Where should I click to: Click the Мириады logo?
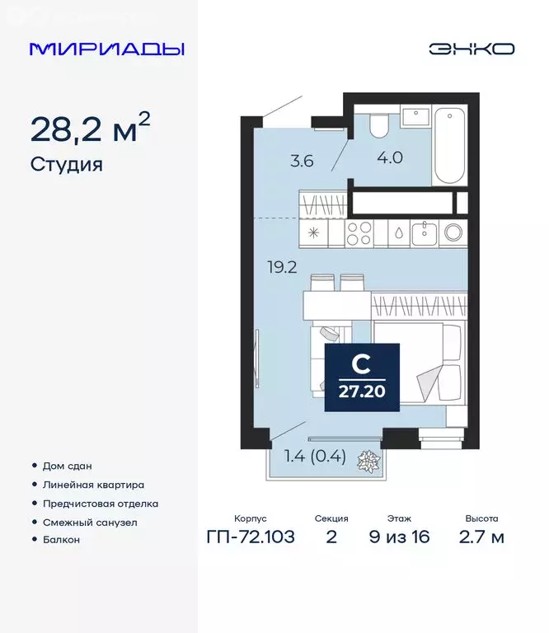tap(106, 49)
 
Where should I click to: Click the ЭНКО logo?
tap(471, 49)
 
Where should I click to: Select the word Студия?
tap(66, 164)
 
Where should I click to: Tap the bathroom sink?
tap(412, 117)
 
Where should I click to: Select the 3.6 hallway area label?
tap(301, 161)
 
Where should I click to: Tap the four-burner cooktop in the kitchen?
tap(360, 233)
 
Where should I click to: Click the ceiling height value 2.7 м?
tap(481, 538)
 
